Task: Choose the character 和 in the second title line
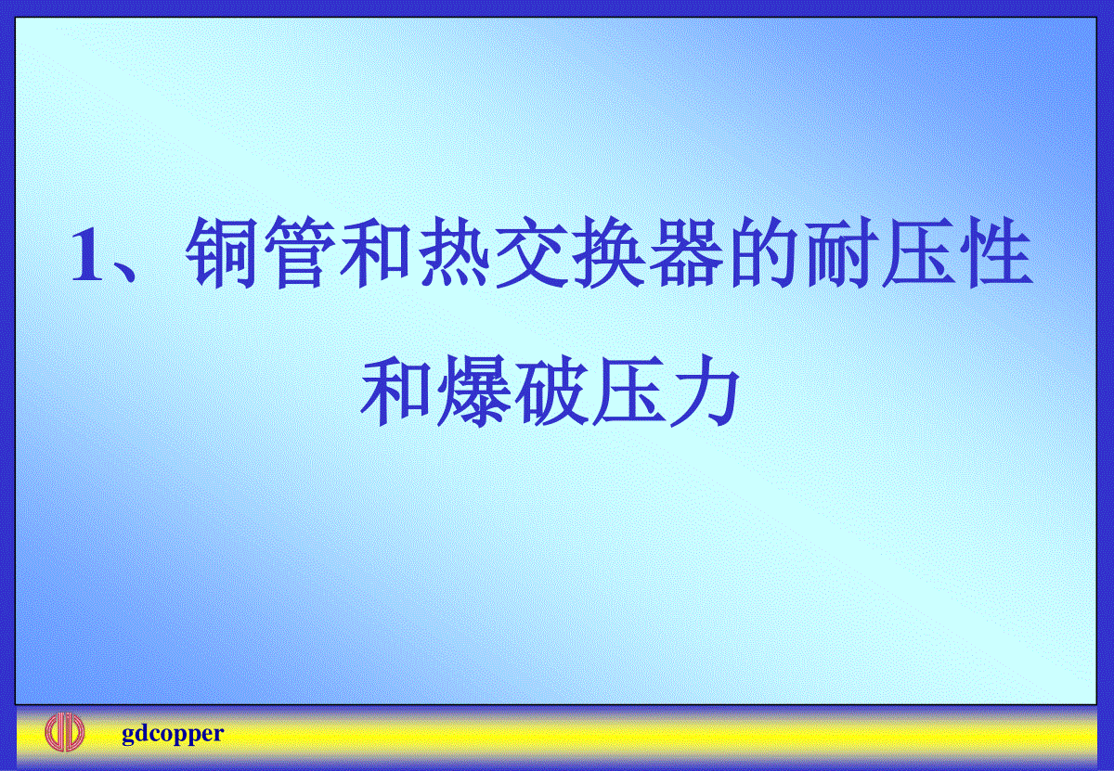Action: [395, 391]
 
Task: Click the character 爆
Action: [473, 391]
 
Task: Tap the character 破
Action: [551, 391]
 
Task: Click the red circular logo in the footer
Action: [65, 732]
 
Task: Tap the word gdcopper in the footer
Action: [173, 734]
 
